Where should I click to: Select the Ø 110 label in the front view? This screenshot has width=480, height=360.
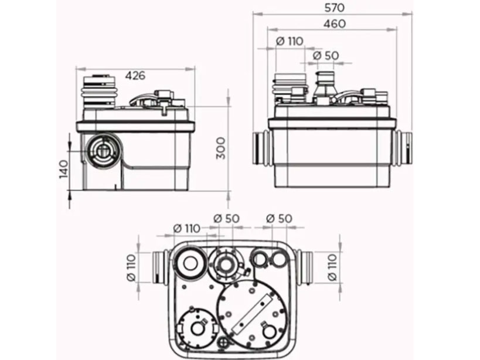[x=288, y=41]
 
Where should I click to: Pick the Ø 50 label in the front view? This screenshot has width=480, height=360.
[x=326, y=55]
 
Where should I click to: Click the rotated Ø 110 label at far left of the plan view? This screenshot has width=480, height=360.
[x=130, y=267]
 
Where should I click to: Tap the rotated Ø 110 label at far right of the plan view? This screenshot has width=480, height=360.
[x=334, y=268]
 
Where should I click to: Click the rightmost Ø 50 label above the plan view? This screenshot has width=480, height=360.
[x=279, y=218]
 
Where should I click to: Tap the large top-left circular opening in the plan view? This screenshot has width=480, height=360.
[x=191, y=265]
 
